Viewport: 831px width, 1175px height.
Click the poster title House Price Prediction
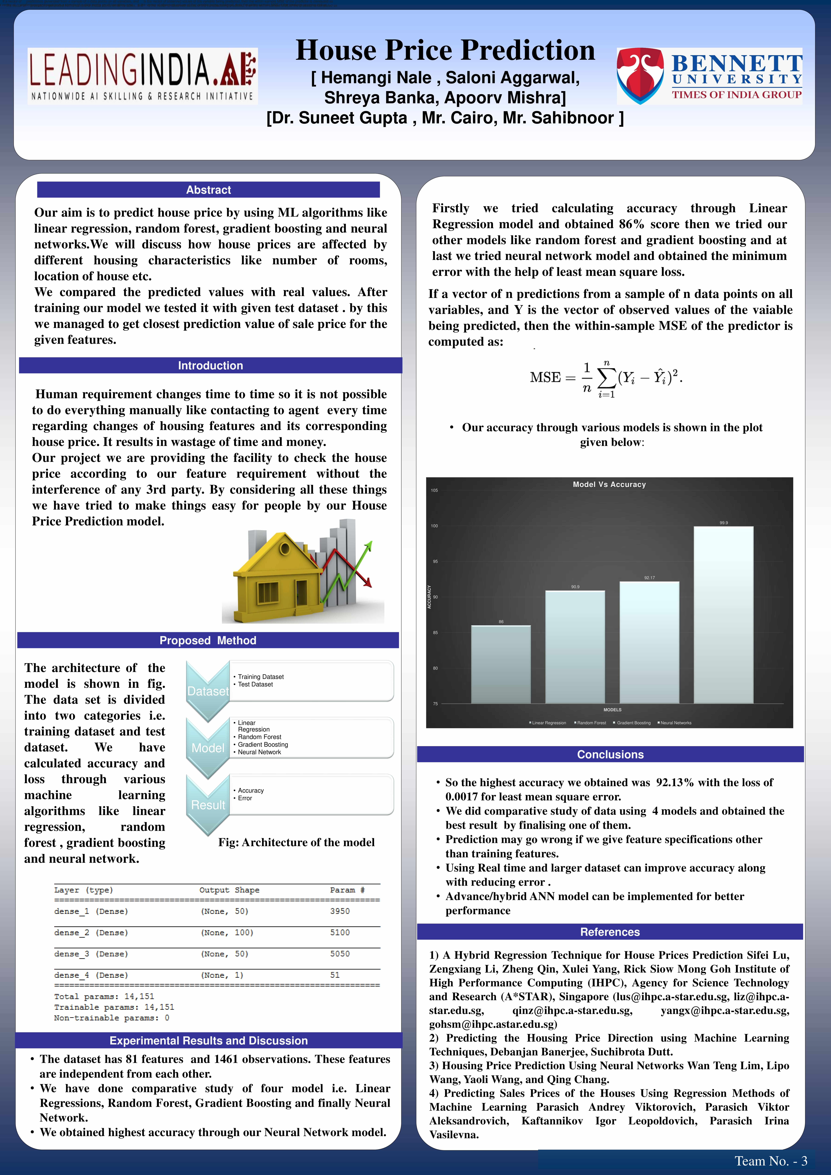click(445, 50)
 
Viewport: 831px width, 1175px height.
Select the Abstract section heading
click(208, 190)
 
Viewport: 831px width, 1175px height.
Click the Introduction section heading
click(210, 365)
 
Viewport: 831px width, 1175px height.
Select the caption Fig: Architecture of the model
click(296, 842)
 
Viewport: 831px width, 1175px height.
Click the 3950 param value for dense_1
click(340, 911)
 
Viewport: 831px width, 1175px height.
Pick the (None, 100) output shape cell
click(227, 932)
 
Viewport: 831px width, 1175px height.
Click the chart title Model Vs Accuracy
click(609, 484)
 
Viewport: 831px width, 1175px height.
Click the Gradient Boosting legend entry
click(633, 723)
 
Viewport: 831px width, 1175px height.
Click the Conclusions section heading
click(610, 754)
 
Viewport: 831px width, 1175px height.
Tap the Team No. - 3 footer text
click(771, 1161)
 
